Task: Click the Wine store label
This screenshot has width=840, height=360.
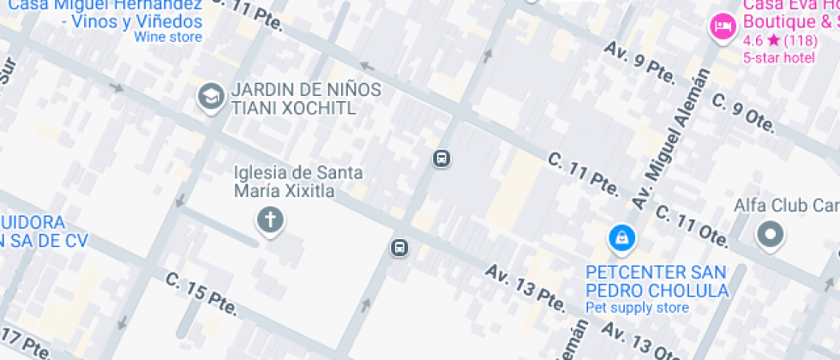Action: pos(168,37)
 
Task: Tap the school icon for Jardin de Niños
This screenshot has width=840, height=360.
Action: pos(209,98)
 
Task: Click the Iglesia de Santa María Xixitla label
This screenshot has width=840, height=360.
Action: pos(297,182)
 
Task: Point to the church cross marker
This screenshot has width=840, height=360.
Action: pos(270,220)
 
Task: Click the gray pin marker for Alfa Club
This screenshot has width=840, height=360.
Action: pos(770,234)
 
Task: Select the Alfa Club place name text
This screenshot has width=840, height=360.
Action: pos(786,206)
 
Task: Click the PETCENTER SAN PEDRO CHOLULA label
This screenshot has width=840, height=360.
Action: pos(657,281)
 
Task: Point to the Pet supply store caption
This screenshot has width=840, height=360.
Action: pos(637,308)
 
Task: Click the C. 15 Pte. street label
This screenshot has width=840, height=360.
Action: pos(201,293)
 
